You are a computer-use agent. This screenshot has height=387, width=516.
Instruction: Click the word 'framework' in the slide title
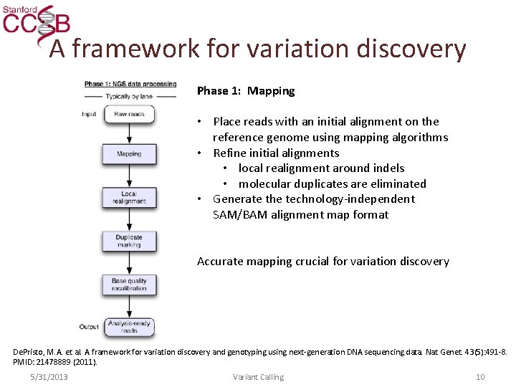(x=134, y=49)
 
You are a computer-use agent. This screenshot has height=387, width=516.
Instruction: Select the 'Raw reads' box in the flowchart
(x=129, y=114)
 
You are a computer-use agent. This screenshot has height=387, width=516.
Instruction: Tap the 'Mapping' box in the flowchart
(x=129, y=153)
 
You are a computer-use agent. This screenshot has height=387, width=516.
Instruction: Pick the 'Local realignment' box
(x=129, y=198)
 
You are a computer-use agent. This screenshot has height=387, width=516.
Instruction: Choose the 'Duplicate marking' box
(x=129, y=242)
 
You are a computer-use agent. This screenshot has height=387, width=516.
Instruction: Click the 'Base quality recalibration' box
(x=129, y=285)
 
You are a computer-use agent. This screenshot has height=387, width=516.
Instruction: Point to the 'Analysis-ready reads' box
(x=129, y=327)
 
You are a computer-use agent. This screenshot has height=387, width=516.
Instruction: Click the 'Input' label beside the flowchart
(x=89, y=114)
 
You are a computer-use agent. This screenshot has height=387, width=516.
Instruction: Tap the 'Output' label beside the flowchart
(x=89, y=327)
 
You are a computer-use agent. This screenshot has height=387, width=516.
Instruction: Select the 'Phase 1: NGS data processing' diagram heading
(x=130, y=84)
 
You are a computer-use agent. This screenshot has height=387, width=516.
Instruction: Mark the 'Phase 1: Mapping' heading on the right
(x=246, y=91)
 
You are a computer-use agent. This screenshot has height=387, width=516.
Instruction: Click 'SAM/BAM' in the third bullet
(x=239, y=215)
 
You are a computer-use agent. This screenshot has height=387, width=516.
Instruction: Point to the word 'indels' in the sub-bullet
(x=388, y=168)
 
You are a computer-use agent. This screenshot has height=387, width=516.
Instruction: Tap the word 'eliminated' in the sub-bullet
(x=398, y=184)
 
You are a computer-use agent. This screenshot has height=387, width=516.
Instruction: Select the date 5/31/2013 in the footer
(x=49, y=377)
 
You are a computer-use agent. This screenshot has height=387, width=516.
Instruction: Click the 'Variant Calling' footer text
(x=258, y=377)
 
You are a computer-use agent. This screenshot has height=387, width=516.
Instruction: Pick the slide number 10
(x=480, y=377)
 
